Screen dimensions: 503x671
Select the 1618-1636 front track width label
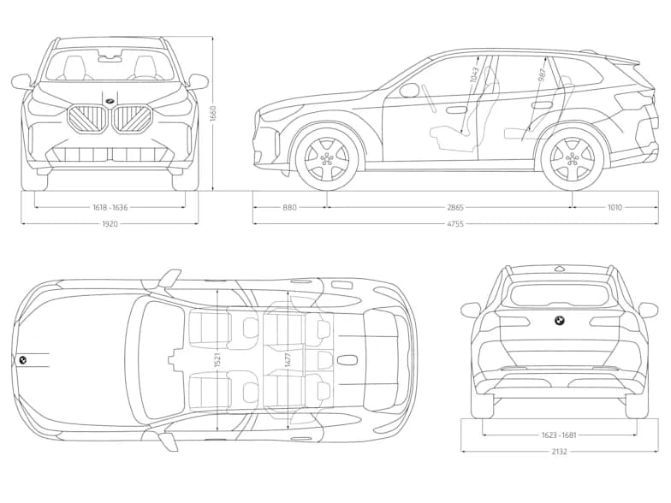pos(110,207)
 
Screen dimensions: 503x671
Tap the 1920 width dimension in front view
pos(110,224)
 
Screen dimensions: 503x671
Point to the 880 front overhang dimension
pos(289,207)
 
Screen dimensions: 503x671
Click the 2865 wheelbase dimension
pos(454,207)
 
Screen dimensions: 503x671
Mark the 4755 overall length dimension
pos(454,224)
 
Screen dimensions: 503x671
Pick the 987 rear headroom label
pos(543,75)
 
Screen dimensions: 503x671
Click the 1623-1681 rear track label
pos(558,435)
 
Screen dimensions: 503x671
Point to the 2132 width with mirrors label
pos(558,451)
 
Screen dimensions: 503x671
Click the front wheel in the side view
pos(326,158)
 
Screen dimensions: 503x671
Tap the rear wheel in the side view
pos(572,158)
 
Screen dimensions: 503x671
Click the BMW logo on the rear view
pos(559,321)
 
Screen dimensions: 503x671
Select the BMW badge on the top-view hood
pos(23,359)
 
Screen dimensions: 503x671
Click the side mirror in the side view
pos(409,90)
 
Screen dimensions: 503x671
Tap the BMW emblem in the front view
pos(110,103)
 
